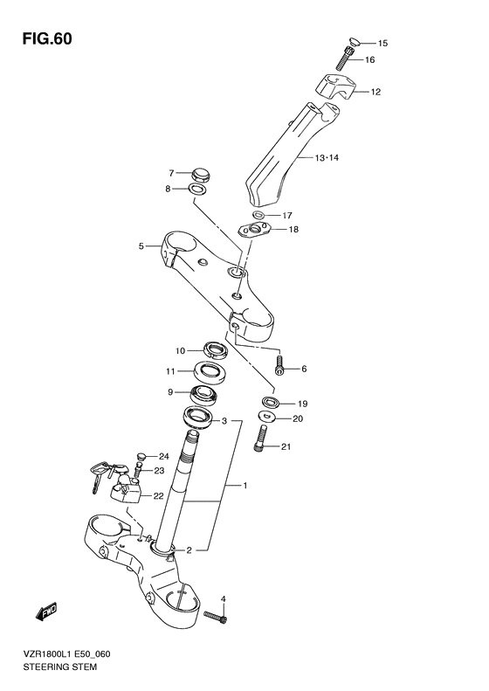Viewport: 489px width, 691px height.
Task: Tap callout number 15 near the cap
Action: pos(382,43)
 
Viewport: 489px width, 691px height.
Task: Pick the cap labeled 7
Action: pos(200,173)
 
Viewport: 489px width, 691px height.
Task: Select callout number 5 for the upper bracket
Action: pos(141,246)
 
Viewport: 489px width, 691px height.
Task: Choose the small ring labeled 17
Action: pos(260,215)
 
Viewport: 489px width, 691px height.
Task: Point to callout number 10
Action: pos(180,351)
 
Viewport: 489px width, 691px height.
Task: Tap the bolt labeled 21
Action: pos(262,441)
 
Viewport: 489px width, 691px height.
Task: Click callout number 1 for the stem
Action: pos(246,486)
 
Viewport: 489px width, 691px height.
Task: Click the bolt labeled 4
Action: pos(216,616)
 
